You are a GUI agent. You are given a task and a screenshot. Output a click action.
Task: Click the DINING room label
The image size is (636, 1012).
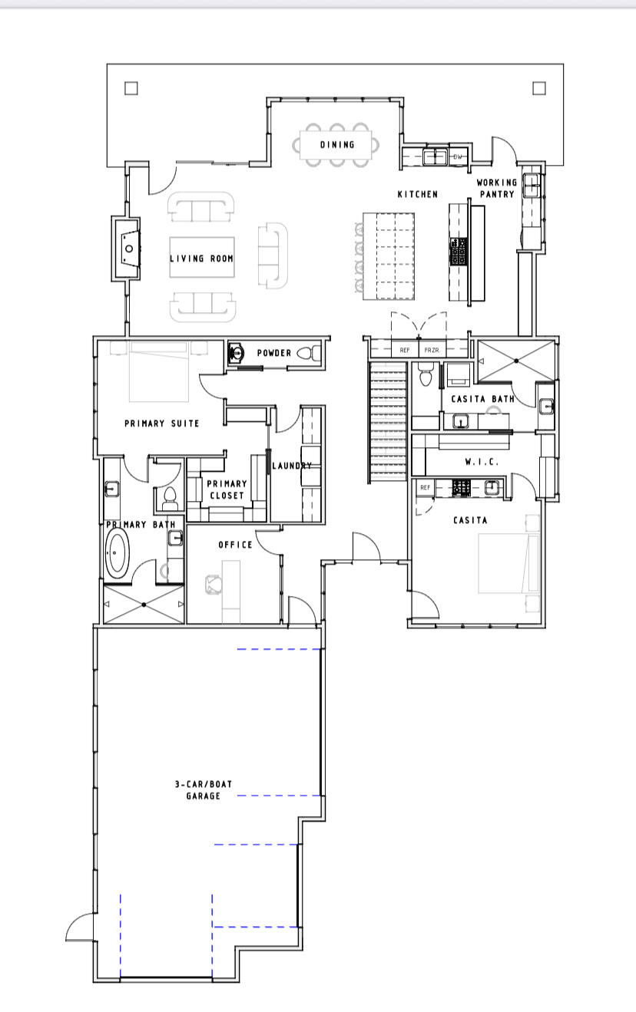[337, 144]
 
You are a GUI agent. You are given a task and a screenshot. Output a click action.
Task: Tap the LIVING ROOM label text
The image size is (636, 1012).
[201, 259]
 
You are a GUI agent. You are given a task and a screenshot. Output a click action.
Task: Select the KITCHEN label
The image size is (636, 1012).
[417, 194]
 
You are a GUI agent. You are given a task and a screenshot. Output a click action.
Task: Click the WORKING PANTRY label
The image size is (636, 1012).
[497, 188]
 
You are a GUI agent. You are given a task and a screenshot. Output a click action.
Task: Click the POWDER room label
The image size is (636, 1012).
[273, 353]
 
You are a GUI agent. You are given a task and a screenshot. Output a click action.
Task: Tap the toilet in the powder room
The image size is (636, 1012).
[307, 354]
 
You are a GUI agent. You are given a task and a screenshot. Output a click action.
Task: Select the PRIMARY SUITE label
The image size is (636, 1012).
[161, 423]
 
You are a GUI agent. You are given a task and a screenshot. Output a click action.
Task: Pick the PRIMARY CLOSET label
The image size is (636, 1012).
[227, 490]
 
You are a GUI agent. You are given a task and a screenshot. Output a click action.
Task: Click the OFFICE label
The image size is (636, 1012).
[235, 545]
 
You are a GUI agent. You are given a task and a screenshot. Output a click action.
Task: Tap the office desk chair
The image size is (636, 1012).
[213, 585]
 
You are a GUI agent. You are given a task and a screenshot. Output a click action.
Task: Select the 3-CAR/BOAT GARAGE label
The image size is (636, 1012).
[203, 790]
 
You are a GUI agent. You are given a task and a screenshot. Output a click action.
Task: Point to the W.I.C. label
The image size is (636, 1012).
[482, 462]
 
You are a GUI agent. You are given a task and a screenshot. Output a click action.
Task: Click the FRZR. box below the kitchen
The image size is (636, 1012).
[432, 350]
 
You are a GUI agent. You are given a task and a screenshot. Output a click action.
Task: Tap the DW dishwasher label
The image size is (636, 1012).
[459, 157]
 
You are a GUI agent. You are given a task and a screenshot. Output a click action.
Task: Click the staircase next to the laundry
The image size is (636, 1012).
[388, 422]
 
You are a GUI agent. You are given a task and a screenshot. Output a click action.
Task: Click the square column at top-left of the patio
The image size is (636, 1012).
[131, 88]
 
